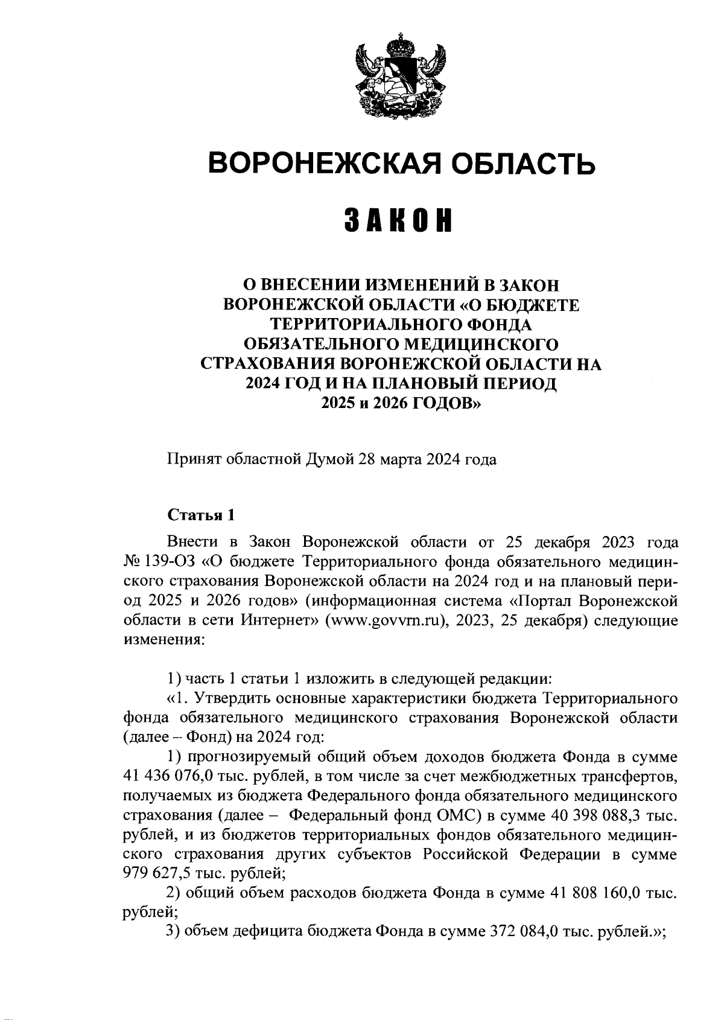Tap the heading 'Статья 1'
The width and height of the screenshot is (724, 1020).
tap(200, 515)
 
